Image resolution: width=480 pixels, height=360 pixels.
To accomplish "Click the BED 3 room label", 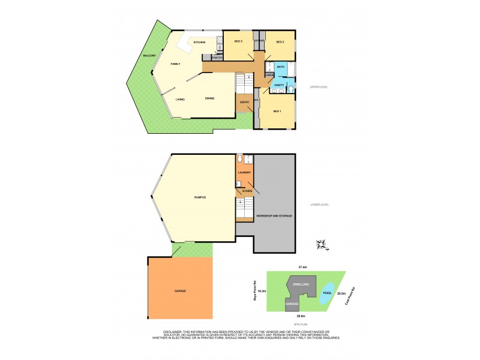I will click(238, 41).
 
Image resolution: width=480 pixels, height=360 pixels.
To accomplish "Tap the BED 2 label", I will click(280, 41).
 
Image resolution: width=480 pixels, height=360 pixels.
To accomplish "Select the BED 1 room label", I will click(277, 112).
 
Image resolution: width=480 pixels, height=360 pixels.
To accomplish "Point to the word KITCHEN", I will click(200, 43).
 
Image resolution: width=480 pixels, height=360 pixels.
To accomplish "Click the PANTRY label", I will click(215, 57).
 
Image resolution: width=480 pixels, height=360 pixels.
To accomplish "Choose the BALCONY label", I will click(150, 56).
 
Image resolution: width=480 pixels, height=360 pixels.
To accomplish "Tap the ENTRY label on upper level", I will click(244, 103).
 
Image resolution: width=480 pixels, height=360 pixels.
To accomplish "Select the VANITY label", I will click(279, 85).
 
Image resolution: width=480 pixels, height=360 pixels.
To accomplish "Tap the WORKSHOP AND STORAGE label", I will click(274, 215).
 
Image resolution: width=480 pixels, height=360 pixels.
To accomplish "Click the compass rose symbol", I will click(322, 245).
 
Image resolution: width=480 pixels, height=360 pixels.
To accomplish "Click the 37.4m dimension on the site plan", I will click(303, 267).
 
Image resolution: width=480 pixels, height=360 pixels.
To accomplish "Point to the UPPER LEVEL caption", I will click(318, 87).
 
